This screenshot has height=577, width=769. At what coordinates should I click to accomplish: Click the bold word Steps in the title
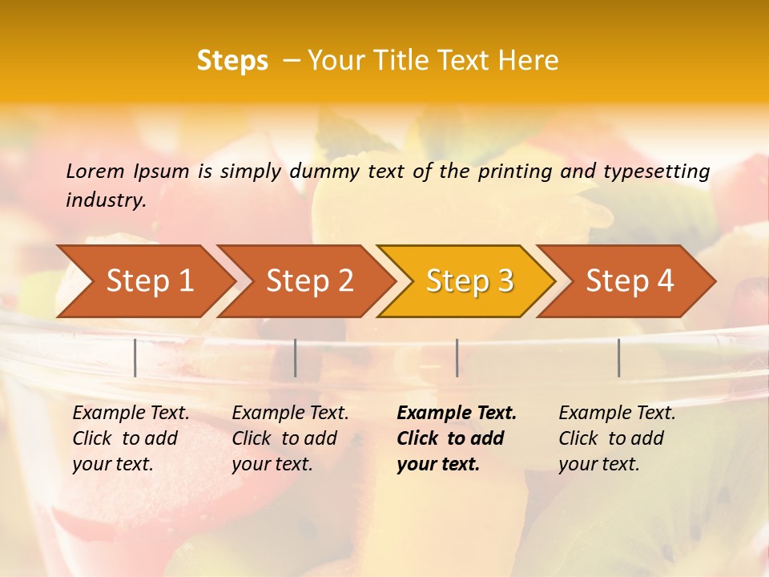(x=232, y=61)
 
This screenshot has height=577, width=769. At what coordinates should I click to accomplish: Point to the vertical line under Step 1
(x=135, y=357)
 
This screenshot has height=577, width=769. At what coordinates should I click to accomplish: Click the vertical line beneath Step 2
(x=296, y=357)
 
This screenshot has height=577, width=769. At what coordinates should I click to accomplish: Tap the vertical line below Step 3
(x=457, y=357)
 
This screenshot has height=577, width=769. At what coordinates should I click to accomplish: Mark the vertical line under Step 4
(x=619, y=357)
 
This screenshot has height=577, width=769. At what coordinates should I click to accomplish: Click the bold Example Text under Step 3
(x=457, y=438)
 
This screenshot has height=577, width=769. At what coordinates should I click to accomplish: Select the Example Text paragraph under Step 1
(x=131, y=438)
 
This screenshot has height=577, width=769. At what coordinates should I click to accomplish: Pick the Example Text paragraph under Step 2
(x=290, y=438)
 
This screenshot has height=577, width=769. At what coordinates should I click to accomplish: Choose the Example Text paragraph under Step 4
(x=617, y=438)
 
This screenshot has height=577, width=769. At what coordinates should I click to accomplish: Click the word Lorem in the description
(x=95, y=171)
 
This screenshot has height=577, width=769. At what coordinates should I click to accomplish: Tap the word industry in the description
(x=105, y=200)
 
